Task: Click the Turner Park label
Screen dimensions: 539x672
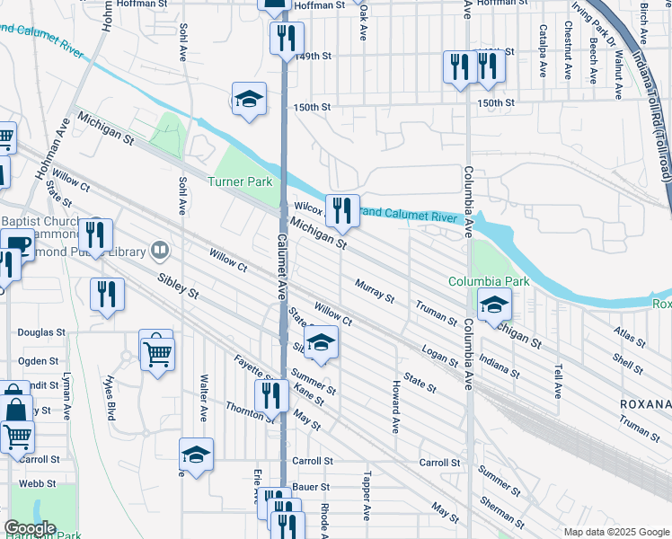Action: [240, 181]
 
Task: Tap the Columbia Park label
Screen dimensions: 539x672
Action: [490, 281]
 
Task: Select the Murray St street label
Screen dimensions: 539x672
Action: [375, 291]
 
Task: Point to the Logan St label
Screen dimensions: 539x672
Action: [440, 354]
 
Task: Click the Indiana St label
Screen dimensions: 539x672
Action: [499, 367]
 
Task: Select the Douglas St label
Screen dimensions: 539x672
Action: [36, 332]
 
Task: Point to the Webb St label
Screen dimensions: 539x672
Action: [31, 483]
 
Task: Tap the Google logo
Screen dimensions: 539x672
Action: [30, 528]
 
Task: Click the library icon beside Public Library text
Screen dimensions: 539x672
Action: [160, 249]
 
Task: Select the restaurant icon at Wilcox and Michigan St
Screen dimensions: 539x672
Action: [341, 211]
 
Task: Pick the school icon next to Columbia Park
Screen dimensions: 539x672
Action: [493, 305]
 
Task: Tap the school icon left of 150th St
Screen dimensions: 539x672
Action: [249, 99]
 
